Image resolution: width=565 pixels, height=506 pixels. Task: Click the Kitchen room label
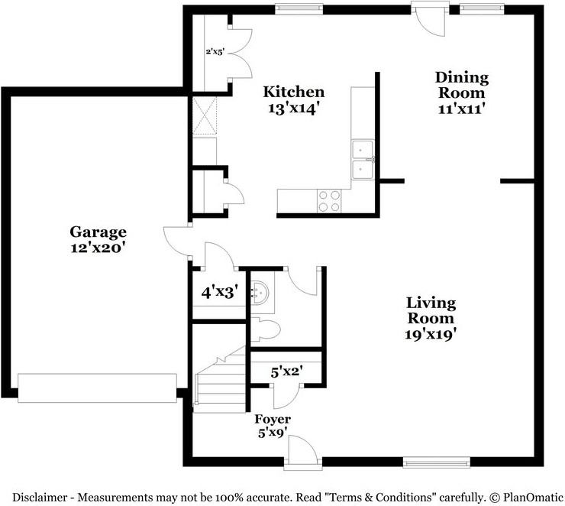tap(294, 92)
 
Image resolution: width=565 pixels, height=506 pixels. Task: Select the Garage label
tap(98, 232)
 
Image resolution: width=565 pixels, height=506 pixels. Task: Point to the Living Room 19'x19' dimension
tap(431, 334)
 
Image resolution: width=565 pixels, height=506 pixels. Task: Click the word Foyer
tap(273, 419)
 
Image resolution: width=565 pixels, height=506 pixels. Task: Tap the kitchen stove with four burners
tap(330, 201)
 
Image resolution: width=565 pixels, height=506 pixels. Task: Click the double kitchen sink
tap(363, 160)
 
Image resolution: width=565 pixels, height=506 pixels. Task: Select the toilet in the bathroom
tap(266, 329)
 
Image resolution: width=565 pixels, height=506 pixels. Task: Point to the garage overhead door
tap(97, 388)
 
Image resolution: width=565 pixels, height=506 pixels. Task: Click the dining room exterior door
tap(430, 19)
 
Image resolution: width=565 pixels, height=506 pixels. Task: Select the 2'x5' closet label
tap(215, 51)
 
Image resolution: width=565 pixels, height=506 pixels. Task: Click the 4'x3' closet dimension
tap(220, 292)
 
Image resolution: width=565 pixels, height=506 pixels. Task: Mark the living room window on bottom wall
tap(437, 462)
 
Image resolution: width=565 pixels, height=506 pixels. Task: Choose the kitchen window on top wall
tap(299, 9)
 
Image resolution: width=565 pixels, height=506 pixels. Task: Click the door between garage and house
tap(177, 241)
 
